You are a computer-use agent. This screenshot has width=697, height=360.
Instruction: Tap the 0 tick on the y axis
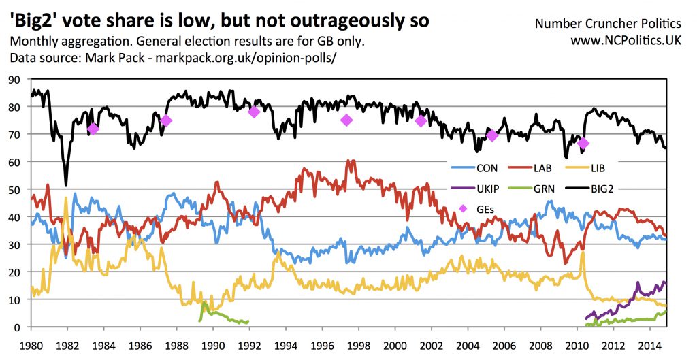[x=19, y=327]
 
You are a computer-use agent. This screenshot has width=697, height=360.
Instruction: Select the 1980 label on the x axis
[x=31, y=344]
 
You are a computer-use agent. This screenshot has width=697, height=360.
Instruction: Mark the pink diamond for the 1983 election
[x=93, y=129]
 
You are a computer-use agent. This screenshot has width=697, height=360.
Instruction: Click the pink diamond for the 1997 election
[x=346, y=120]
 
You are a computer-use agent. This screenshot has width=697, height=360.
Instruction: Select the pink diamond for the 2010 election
[x=583, y=144]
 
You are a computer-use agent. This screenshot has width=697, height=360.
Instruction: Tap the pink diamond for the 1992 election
[x=254, y=112]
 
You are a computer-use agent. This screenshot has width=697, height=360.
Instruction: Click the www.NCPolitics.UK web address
[x=628, y=41]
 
